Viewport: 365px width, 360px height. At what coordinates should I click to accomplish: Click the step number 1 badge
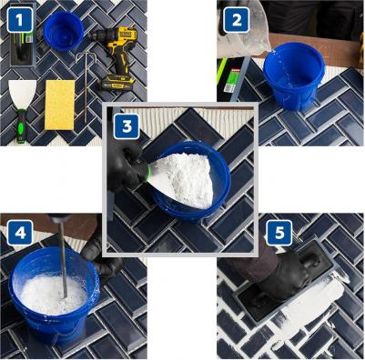pos(20,20)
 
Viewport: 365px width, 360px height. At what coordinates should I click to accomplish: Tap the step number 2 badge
pos(237,20)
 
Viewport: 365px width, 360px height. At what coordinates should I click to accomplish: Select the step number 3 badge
pos(127,126)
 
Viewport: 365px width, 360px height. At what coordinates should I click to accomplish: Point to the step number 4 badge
pos(20,233)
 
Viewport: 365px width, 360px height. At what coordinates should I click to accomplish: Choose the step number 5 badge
pos(279,233)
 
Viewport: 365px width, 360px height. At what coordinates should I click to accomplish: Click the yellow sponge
pos(60,105)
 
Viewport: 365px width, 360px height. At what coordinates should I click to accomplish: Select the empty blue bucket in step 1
pos(64,31)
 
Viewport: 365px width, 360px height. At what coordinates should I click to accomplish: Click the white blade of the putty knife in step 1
pos(23,95)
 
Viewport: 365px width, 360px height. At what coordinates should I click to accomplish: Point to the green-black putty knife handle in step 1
pos(22,125)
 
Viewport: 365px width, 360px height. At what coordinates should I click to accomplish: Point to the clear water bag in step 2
pos(244,30)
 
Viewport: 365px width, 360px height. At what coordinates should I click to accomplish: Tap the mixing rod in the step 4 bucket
pos(63,257)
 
